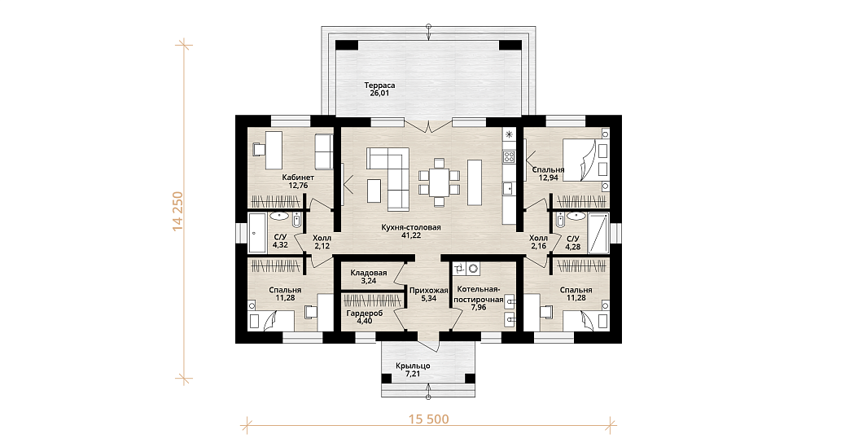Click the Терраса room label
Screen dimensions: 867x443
pyautogui.click(x=379, y=86)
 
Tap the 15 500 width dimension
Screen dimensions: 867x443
pyautogui.click(x=428, y=419)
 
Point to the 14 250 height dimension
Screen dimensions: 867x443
pyautogui.click(x=177, y=211)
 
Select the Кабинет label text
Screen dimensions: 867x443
pyautogui.click(x=298, y=178)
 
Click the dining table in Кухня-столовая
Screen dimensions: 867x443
pyautogui.click(x=439, y=182)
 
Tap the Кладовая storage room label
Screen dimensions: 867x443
pyautogui.click(x=368, y=273)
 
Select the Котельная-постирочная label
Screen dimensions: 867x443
pyautogui.click(x=478, y=294)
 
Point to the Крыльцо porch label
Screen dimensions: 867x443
pyautogui.click(x=413, y=366)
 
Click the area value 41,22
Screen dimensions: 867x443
pyautogui.click(x=411, y=235)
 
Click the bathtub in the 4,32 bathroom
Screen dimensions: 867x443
pyautogui.click(x=257, y=231)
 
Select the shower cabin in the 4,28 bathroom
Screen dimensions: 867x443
pyautogui.click(x=598, y=232)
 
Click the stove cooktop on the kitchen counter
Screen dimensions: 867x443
pyautogui.click(x=508, y=156)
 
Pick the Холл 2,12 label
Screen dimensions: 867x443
pyautogui.click(x=322, y=242)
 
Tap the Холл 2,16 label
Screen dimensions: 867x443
pyautogui.click(x=539, y=242)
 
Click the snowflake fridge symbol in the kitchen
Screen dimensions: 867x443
pyautogui.click(x=509, y=134)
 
